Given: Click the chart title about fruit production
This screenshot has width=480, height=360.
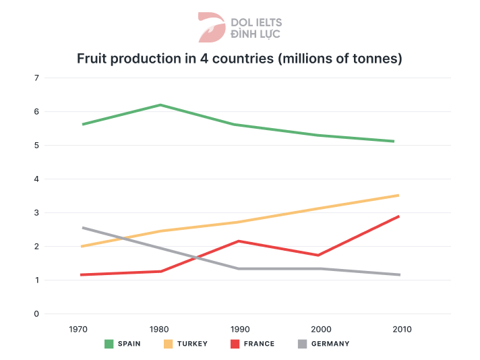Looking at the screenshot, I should click(x=239, y=59).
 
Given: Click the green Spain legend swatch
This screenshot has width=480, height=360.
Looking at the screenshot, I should click(x=109, y=344).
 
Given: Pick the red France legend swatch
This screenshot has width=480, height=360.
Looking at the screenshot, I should click(x=235, y=344).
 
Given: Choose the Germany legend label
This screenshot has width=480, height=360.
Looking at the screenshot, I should click(x=331, y=344).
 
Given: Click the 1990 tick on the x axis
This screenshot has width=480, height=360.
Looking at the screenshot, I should click(x=240, y=330).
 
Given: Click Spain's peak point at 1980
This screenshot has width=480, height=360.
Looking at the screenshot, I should click(x=160, y=105).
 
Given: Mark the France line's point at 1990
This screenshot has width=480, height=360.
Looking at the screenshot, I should click(x=240, y=241).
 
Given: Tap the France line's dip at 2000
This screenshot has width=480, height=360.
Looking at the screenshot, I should click(x=320, y=256).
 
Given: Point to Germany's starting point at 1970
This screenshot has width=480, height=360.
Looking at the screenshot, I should click(x=82, y=228).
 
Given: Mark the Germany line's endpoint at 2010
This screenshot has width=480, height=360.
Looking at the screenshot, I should click(x=399, y=274).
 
